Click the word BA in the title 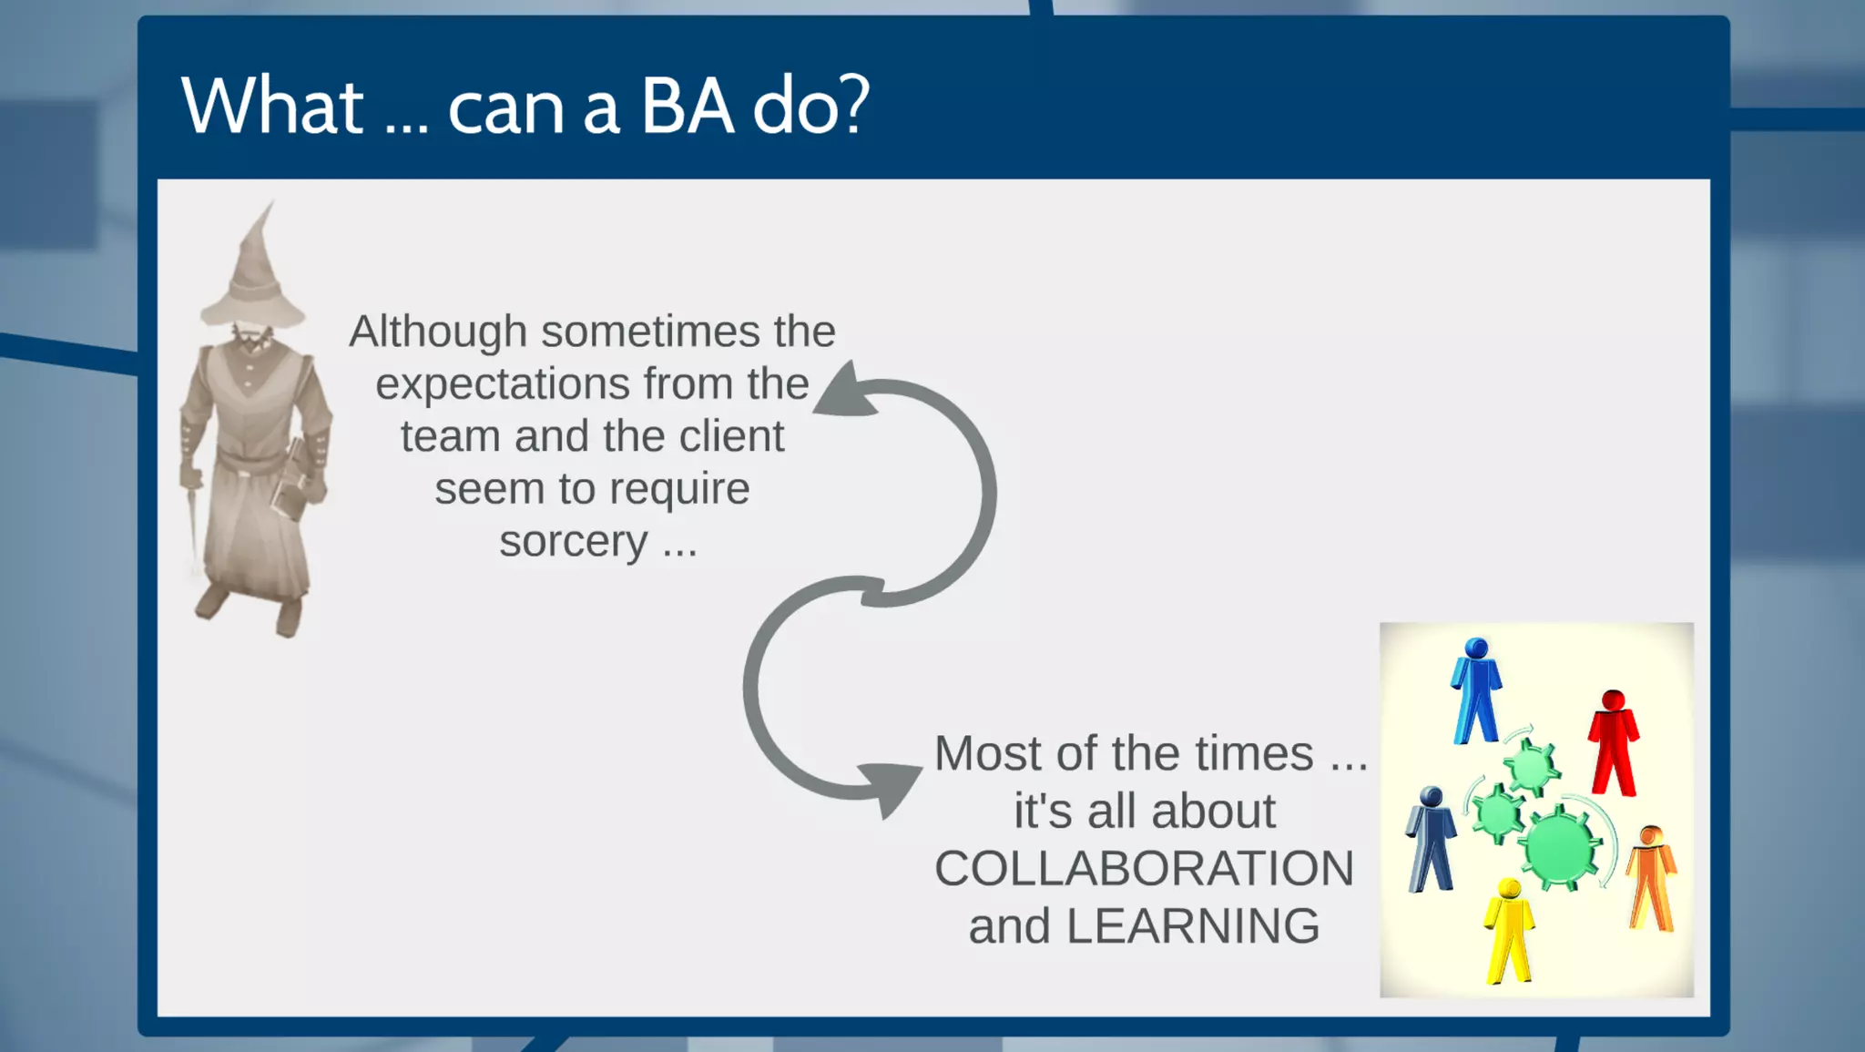point(687,107)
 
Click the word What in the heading point(272,107)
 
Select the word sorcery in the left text point(573,541)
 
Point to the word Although point(438,332)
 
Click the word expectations point(502,383)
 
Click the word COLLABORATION point(1144,868)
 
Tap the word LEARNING point(1192,926)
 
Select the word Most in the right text point(988,754)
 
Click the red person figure point(1614,742)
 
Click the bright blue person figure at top point(1475,690)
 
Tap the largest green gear point(1560,848)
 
